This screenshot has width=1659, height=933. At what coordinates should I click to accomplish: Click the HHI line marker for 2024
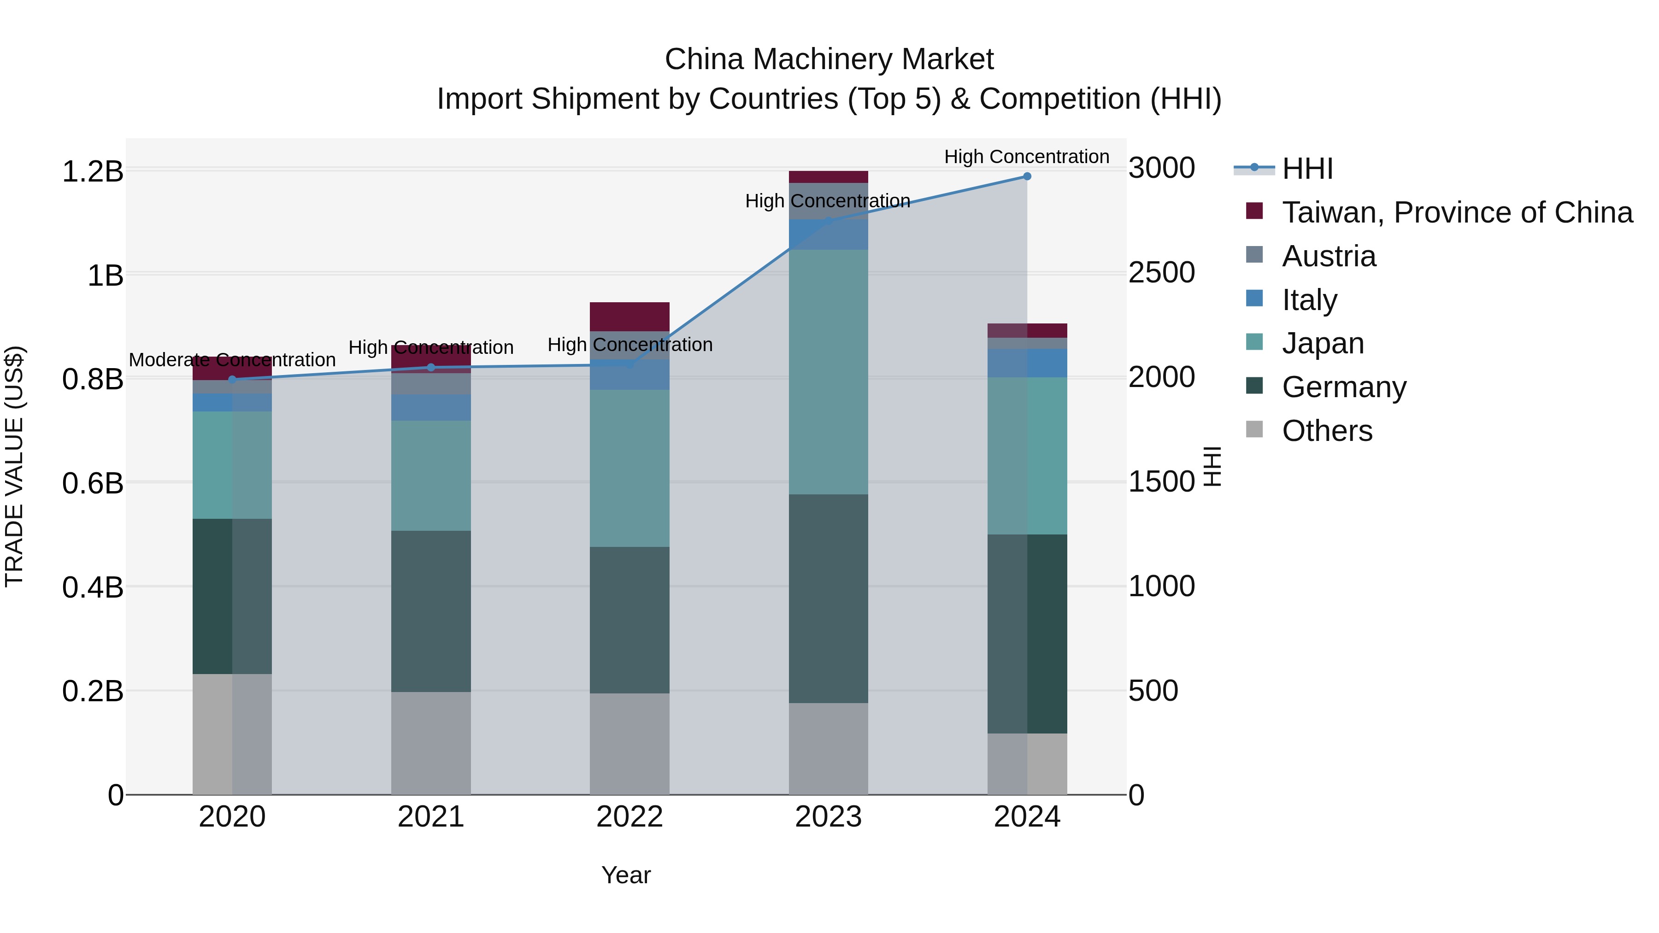[x=1027, y=176]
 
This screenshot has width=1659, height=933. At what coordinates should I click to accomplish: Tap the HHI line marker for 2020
[x=233, y=380]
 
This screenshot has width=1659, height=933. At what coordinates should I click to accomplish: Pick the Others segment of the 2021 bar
[x=431, y=743]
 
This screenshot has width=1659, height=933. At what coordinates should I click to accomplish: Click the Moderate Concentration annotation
[x=233, y=360]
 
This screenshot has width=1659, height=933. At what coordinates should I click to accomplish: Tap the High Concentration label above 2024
[x=1027, y=157]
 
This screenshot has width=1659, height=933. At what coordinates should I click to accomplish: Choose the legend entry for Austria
[x=1329, y=256]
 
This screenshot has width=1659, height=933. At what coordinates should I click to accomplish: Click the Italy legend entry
[x=1309, y=300]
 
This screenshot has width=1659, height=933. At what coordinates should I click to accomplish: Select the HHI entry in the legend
[x=1307, y=169]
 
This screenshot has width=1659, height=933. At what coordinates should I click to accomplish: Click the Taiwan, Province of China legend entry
[x=1457, y=212]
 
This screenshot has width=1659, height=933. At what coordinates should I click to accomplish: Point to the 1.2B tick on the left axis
[x=93, y=171]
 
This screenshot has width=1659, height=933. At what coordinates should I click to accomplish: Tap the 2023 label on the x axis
[x=828, y=817]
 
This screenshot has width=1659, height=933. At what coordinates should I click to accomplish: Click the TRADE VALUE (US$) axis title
[x=14, y=466]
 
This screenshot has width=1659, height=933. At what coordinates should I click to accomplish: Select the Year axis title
[x=626, y=875]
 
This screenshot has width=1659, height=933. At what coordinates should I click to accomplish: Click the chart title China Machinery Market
[x=829, y=59]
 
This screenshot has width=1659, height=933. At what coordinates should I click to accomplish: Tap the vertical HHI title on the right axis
[x=1212, y=466]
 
